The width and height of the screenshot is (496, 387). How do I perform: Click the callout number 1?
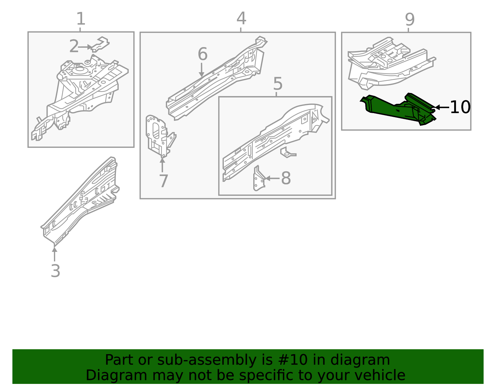(81, 19)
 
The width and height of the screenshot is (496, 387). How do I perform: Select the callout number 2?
(74, 46)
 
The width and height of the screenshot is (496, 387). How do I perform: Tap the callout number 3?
(55, 271)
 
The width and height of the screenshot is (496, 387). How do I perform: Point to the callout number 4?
(241, 19)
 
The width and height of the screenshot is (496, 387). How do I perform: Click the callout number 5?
(278, 84)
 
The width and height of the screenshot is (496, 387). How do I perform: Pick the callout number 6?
(202, 54)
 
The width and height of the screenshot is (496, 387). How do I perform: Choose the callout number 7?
(163, 181)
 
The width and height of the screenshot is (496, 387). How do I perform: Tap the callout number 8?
(286, 178)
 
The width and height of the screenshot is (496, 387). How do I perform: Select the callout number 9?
(410, 20)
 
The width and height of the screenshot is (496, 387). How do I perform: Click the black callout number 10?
(460, 108)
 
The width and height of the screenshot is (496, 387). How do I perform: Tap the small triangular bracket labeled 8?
(259, 179)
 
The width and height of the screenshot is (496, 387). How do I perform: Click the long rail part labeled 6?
(217, 81)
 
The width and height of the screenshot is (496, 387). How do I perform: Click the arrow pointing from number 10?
(441, 108)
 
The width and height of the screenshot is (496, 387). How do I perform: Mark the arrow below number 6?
(201, 70)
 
